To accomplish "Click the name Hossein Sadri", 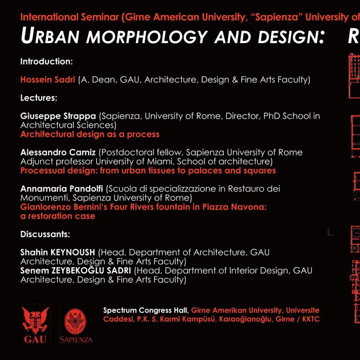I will [48, 80].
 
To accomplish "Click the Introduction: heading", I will [46, 62].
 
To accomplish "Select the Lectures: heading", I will [39, 98].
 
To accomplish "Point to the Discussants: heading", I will [45, 234].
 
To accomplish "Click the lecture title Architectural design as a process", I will [90, 134].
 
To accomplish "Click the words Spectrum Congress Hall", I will [146, 311].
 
